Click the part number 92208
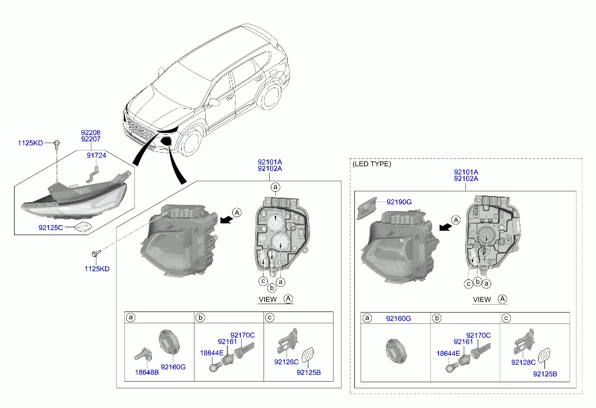pyautogui.click(x=90, y=132)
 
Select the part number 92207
pyautogui.click(x=90, y=139)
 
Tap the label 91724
pyautogui.click(x=96, y=155)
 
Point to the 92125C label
pyautogui.click(x=51, y=228)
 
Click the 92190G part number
pyautogui.click(x=399, y=201)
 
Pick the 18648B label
pyautogui.click(x=147, y=372)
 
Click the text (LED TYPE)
pyautogui.click(x=372, y=164)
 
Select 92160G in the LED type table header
pyautogui.click(x=398, y=319)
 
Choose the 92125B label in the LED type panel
pyautogui.click(x=545, y=374)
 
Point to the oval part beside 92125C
pyautogui.click(x=83, y=227)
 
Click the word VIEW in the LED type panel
pyautogui.click(x=482, y=300)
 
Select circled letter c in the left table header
pyautogui.click(x=270, y=318)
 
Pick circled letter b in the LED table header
pyautogui.click(x=437, y=319)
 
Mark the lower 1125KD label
pyautogui.click(x=97, y=269)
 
